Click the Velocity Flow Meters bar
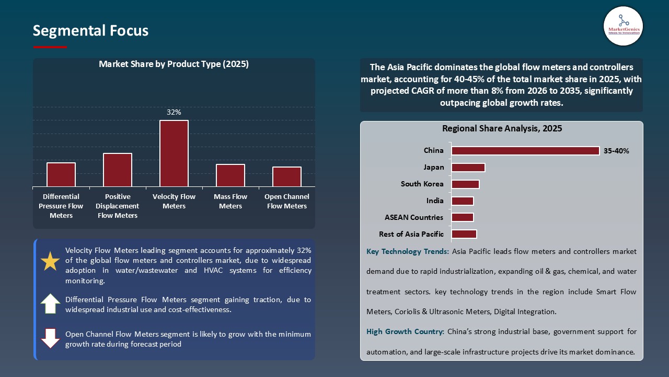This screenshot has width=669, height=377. tap(174, 153)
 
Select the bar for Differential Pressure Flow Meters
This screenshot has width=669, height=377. tap(61, 174)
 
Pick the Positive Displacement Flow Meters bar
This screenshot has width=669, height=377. tap(118, 170)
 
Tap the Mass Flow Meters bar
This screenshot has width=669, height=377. tap(230, 175)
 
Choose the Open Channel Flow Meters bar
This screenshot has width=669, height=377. tap(287, 176)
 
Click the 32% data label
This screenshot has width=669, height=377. tap(174, 112)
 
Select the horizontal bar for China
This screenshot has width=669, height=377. tap(525, 151)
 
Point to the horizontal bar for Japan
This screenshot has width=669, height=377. tap(468, 168)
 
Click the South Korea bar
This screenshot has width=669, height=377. tap(465, 184)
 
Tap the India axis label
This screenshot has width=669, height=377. tap(435, 201)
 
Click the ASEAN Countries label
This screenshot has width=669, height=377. tap(414, 217)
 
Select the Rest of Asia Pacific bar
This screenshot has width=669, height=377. tap(464, 234)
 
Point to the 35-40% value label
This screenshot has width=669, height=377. tap(616, 151)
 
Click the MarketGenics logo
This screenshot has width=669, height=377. tap(623, 25)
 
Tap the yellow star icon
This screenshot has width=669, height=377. tap(50, 261)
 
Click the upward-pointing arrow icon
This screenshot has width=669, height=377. tap(50, 304)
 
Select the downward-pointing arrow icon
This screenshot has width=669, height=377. tap(50, 338)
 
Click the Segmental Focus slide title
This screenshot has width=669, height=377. tap(90, 31)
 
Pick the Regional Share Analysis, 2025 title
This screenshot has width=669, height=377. tap(502, 128)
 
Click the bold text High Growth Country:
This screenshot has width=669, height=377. tap(406, 331)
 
